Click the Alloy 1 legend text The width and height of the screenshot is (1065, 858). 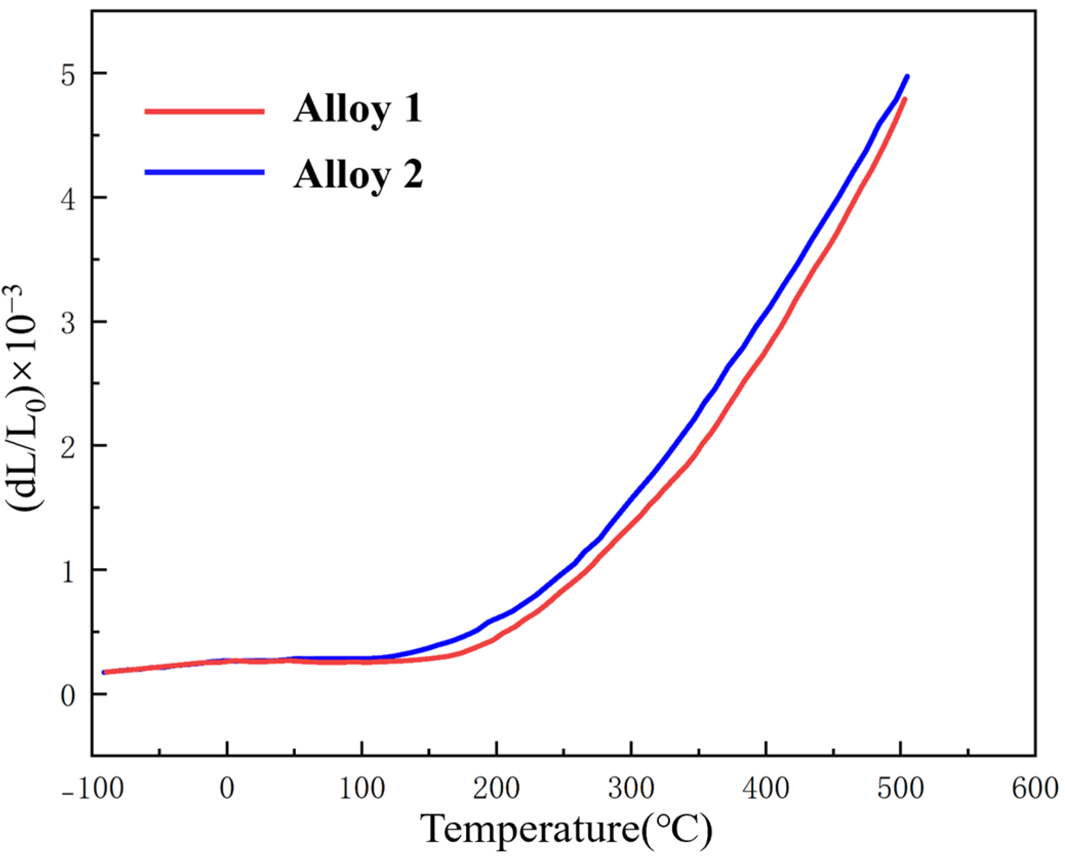pyautogui.click(x=357, y=109)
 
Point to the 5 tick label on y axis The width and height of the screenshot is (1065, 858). pyautogui.click(x=68, y=75)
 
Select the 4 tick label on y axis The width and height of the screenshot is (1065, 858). pyautogui.click(x=68, y=199)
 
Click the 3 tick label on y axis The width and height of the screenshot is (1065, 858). pyautogui.click(x=68, y=324)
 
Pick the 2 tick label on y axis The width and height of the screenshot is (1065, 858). pyautogui.click(x=68, y=448)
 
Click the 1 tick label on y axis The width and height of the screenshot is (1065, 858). pyautogui.click(x=68, y=572)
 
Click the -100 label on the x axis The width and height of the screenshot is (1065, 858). pyautogui.click(x=93, y=788)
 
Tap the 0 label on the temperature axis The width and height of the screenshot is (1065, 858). pyautogui.click(x=227, y=788)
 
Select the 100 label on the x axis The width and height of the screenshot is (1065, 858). pyautogui.click(x=361, y=788)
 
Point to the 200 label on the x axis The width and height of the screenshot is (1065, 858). pyautogui.click(x=496, y=788)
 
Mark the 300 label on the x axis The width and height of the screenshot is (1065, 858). pyautogui.click(x=631, y=788)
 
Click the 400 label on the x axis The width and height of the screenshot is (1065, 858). pyautogui.click(x=766, y=788)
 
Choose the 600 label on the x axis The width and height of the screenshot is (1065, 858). pyautogui.click(x=1035, y=788)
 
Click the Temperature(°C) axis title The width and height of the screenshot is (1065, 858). pyautogui.click(x=566, y=830)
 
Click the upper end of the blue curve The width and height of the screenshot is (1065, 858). pyautogui.click(x=907, y=77)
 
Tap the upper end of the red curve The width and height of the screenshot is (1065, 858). pyautogui.click(x=905, y=99)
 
